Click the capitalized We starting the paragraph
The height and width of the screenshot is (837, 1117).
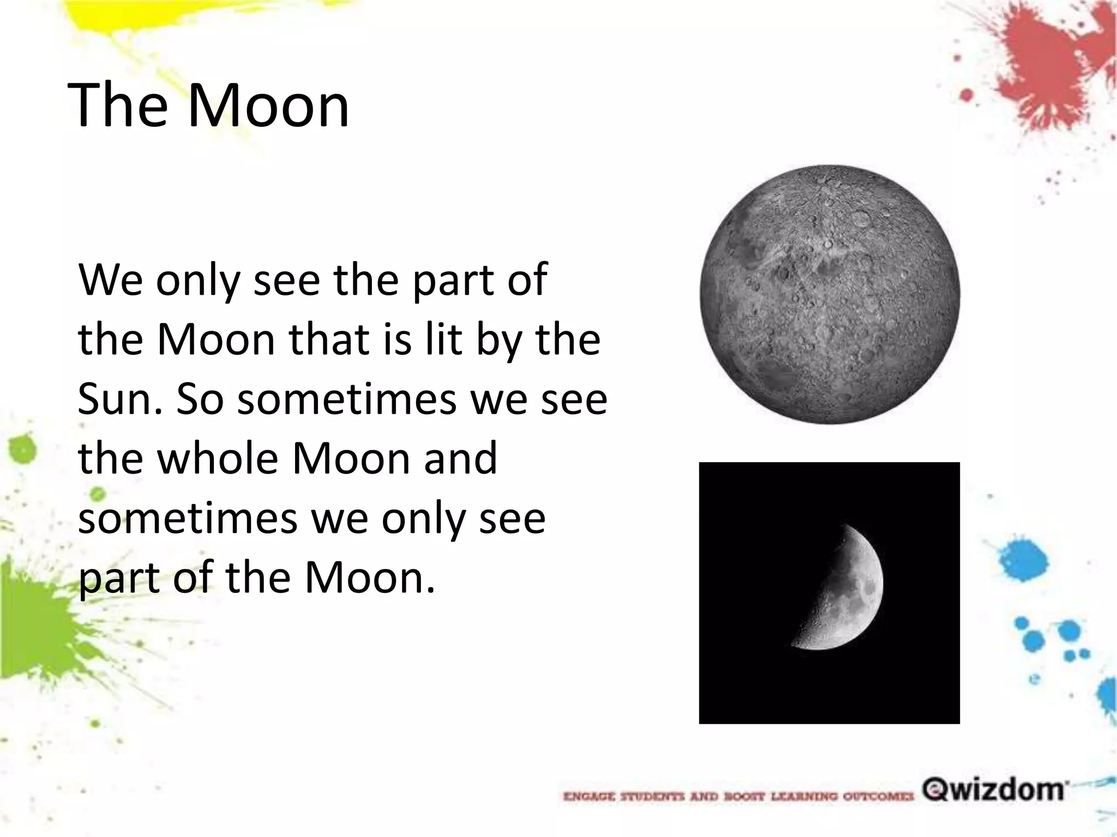click(x=112, y=280)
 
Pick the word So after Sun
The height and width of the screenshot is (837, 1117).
click(x=200, y=398)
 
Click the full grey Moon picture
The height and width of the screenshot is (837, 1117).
click(x=830, y=294)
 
